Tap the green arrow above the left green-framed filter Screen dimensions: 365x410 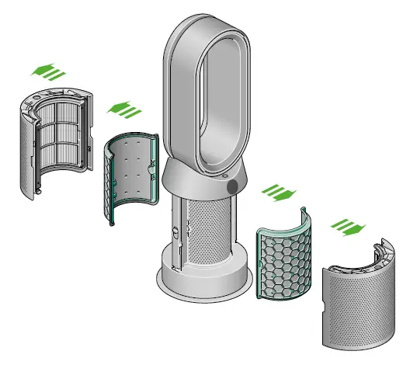click(x=122, y=110)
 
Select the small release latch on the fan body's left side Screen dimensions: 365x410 click(x=175, y=231)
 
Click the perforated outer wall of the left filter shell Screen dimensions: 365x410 click(x=28, y=163)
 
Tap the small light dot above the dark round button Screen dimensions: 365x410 click(x=226, y=176)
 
